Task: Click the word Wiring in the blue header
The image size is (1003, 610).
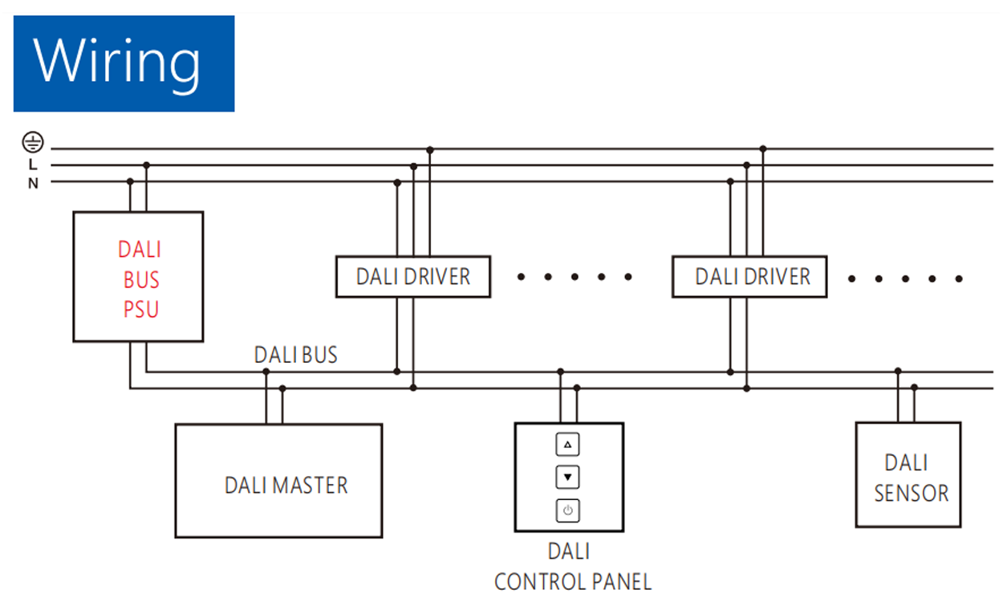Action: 117,62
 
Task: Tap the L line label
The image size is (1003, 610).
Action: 33,165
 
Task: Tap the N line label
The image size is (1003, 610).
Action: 33,183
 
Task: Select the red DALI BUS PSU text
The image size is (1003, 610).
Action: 140,279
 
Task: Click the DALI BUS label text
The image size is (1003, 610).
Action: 295,355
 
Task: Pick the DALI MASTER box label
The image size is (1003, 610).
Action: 286,486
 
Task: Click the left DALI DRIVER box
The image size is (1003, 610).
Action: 412,277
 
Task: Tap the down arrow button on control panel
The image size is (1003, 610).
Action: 567,478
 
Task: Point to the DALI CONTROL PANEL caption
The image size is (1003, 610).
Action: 572,567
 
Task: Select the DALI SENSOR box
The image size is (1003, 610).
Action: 908,474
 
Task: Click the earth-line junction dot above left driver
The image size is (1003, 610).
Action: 430,150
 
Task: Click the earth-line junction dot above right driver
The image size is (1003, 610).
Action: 763,149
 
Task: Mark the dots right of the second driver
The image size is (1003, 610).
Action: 905,279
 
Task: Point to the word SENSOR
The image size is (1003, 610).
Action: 912,493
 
